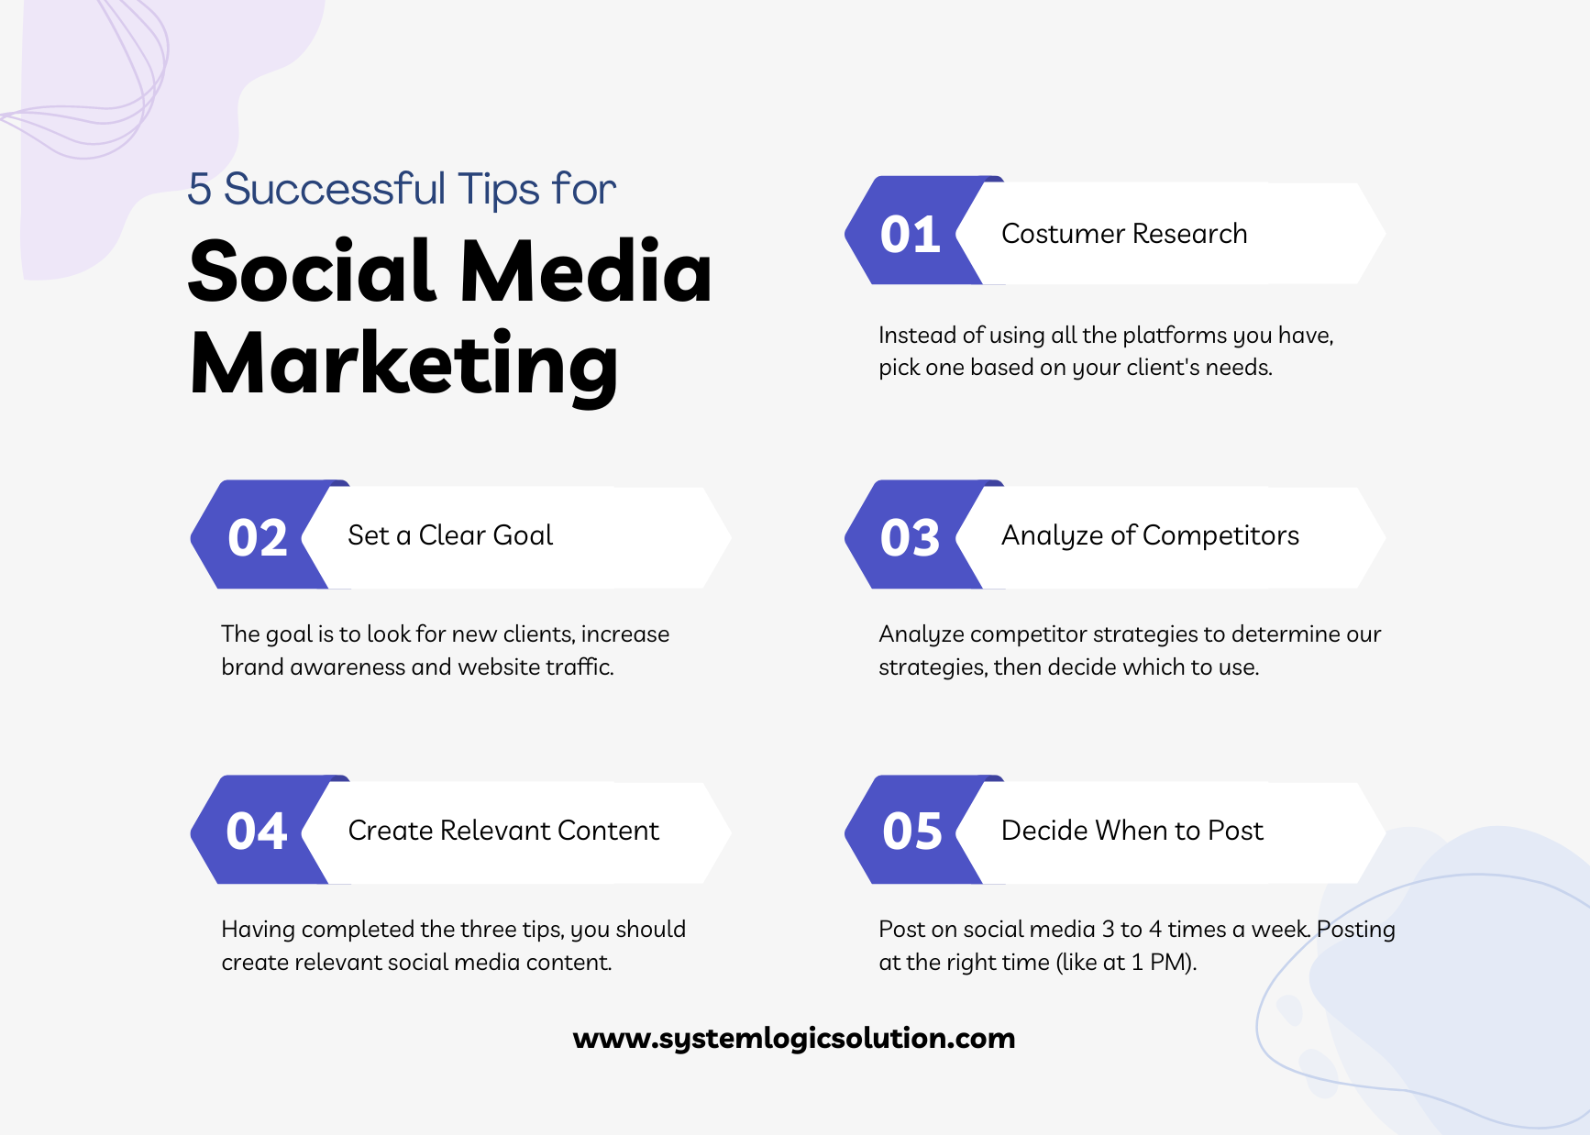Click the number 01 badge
(910, 234)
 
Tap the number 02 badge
(258, 537)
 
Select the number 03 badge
(910, 537)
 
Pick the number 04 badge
(257, 832)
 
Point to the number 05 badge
(911, 832)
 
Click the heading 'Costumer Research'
(1124, 234)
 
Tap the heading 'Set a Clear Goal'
(450, 535)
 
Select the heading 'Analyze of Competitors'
(1150, 535)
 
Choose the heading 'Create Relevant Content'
(503, 831)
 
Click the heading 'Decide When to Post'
(1132, 831)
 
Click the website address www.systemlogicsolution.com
(794, 1038)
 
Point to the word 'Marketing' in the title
(403, 364)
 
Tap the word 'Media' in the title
(586, 271)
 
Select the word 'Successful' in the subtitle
(336, 190)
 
